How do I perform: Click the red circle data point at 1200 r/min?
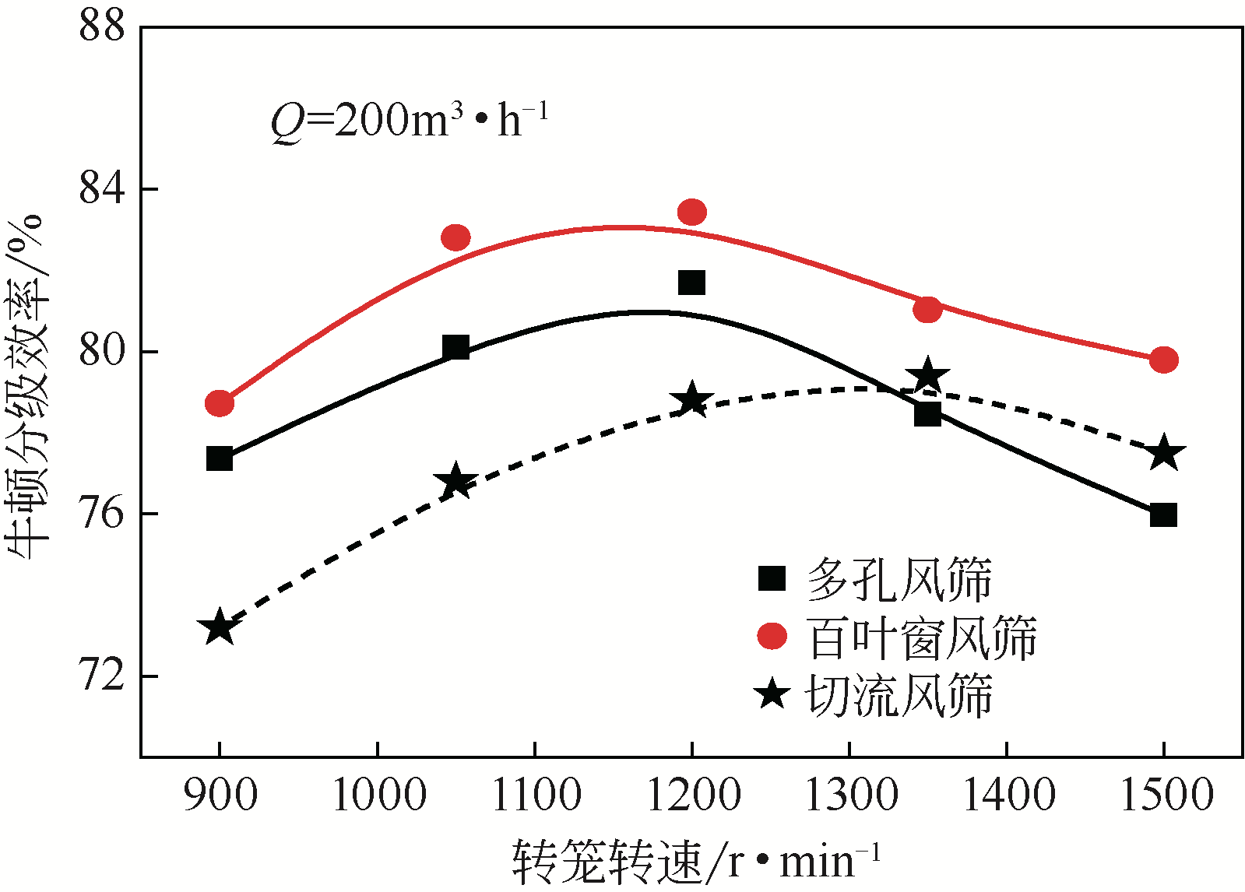pyautogui.click(x=691, y=212)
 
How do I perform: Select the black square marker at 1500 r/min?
pyautogui.click(x=1163, y=514)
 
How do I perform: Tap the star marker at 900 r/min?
pyautogui.click(x=220, y=627)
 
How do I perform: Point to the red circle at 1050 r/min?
pyautogui.click(x=455, y=237)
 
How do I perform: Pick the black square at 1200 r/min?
pyautogui.click(x=691, y=283)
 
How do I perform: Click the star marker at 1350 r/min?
pyautogui.click(x=927, y=377)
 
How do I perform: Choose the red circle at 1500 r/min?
pyautogui.click(x=1163, y=360)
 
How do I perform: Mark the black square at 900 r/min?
pyautogui.click(x=220, y=458)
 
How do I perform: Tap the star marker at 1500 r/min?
pyautogui.click(x=1164, y=453)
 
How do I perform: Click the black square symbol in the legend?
pyautogui.click(x=772, y=578)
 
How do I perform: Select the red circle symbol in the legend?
pyautogui.click(x=772, y=636)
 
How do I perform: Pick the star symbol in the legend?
pyautogui.click(x=772, y=693)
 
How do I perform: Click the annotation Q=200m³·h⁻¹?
pyautogui.click(x=409, y=121)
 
